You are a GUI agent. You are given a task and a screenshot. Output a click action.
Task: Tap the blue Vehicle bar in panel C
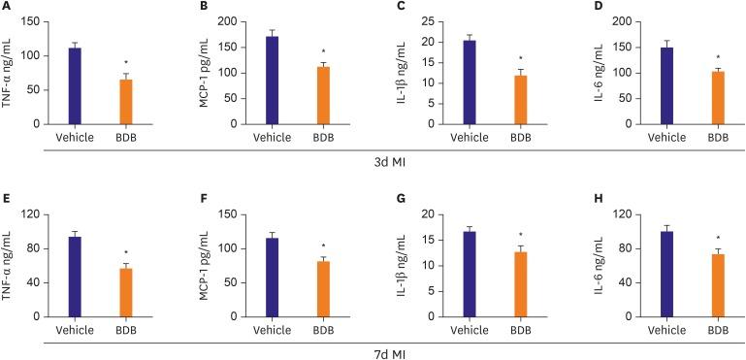click(470, 82)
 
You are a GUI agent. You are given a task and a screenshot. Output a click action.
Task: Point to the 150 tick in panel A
click(32, 21)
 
